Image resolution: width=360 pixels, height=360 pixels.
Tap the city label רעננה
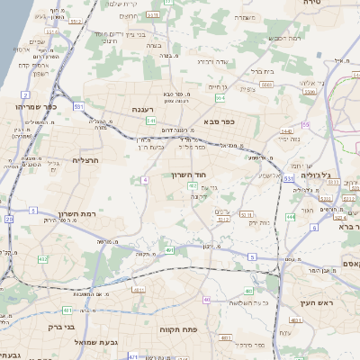[x=157, y=108]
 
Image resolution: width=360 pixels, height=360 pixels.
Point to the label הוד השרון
[x=186, y=175]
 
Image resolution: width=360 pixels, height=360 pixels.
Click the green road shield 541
[x=152, y=121]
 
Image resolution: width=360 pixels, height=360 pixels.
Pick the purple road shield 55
[x=306, y=124]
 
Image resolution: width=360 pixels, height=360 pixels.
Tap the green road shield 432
[x=42, y=259]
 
